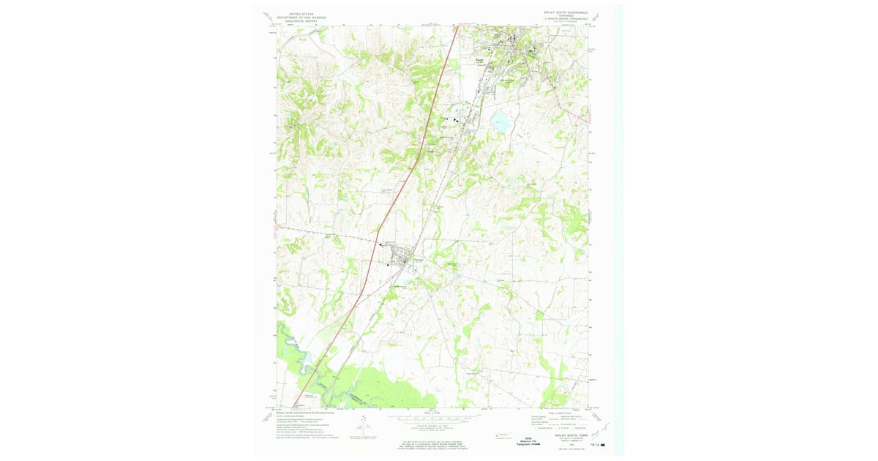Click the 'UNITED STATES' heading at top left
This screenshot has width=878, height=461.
point(301,13)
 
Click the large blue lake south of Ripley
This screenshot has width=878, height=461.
point(502,122)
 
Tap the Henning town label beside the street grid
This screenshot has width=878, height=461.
point(419,258)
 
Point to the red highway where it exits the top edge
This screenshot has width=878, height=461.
point(457,29)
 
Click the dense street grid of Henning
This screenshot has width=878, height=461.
point(402,258)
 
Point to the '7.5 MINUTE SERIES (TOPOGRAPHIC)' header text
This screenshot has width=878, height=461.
point(566,20)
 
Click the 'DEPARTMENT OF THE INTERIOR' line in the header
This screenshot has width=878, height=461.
point(301,17)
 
